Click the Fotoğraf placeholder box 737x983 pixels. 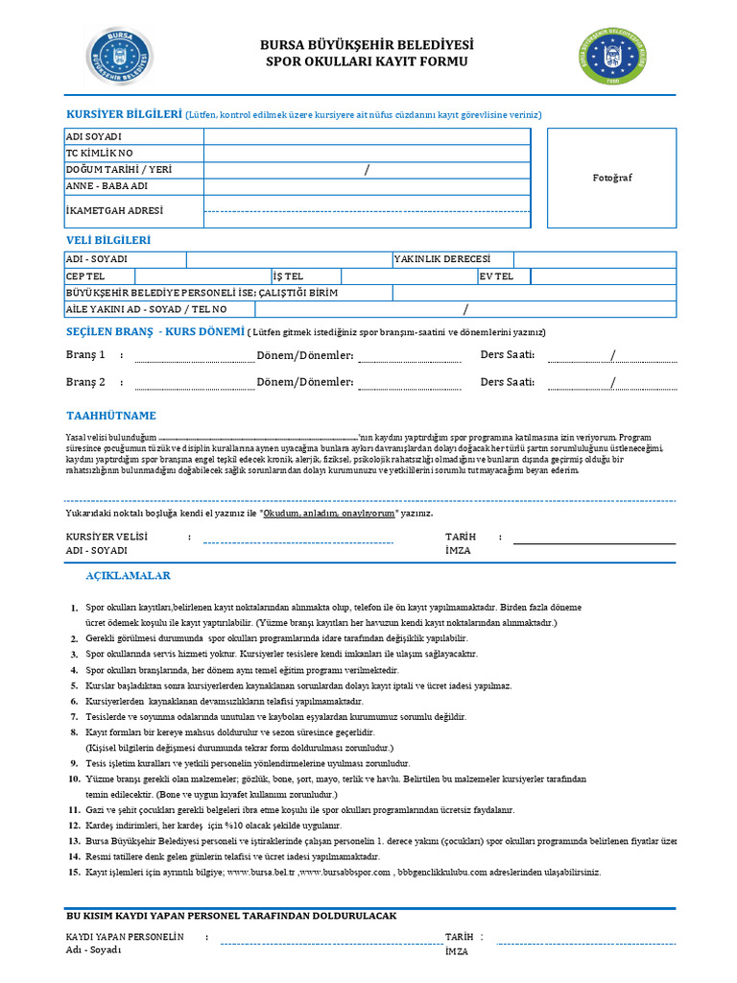(x=612, y=178)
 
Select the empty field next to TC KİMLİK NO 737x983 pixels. (x=367, y=154)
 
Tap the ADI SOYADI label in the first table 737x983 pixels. (x=93, y=137)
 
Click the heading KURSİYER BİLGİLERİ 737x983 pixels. (x=123, y=114)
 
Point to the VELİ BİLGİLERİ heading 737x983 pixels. (x=107, y=240)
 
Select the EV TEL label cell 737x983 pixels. (x=497, y=276)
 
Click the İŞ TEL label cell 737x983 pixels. (x=288, y=276)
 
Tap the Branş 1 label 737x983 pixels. (x=85, y=355)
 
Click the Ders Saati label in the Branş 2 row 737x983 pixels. (x=507, y=382)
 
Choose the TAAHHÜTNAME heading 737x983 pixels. (x=110, y=416)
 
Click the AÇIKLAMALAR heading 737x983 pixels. (x=129, y=576)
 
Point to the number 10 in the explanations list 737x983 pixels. (x=73, y=779)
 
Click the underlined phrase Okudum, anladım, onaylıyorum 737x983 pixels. (x=329, y=515)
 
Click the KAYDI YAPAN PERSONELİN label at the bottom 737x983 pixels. (x=124, y=936)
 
